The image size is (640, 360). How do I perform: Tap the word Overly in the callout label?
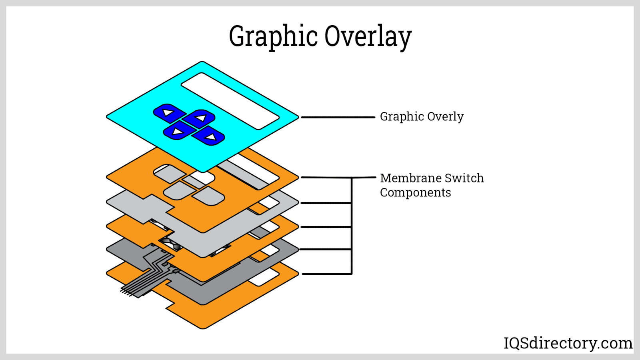tap(445, 117)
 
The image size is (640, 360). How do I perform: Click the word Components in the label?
tap(415, 193)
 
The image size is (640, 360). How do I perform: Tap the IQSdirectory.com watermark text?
tap(568, 343)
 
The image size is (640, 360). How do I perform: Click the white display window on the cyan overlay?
tap(230, 101)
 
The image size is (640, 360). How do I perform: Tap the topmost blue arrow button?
tap(169, 113)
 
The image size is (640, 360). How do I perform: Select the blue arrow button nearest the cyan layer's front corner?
tap(178, 131)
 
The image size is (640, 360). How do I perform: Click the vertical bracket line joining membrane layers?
tap(352, 226)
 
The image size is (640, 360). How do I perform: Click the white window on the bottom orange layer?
tap(263, 277)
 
